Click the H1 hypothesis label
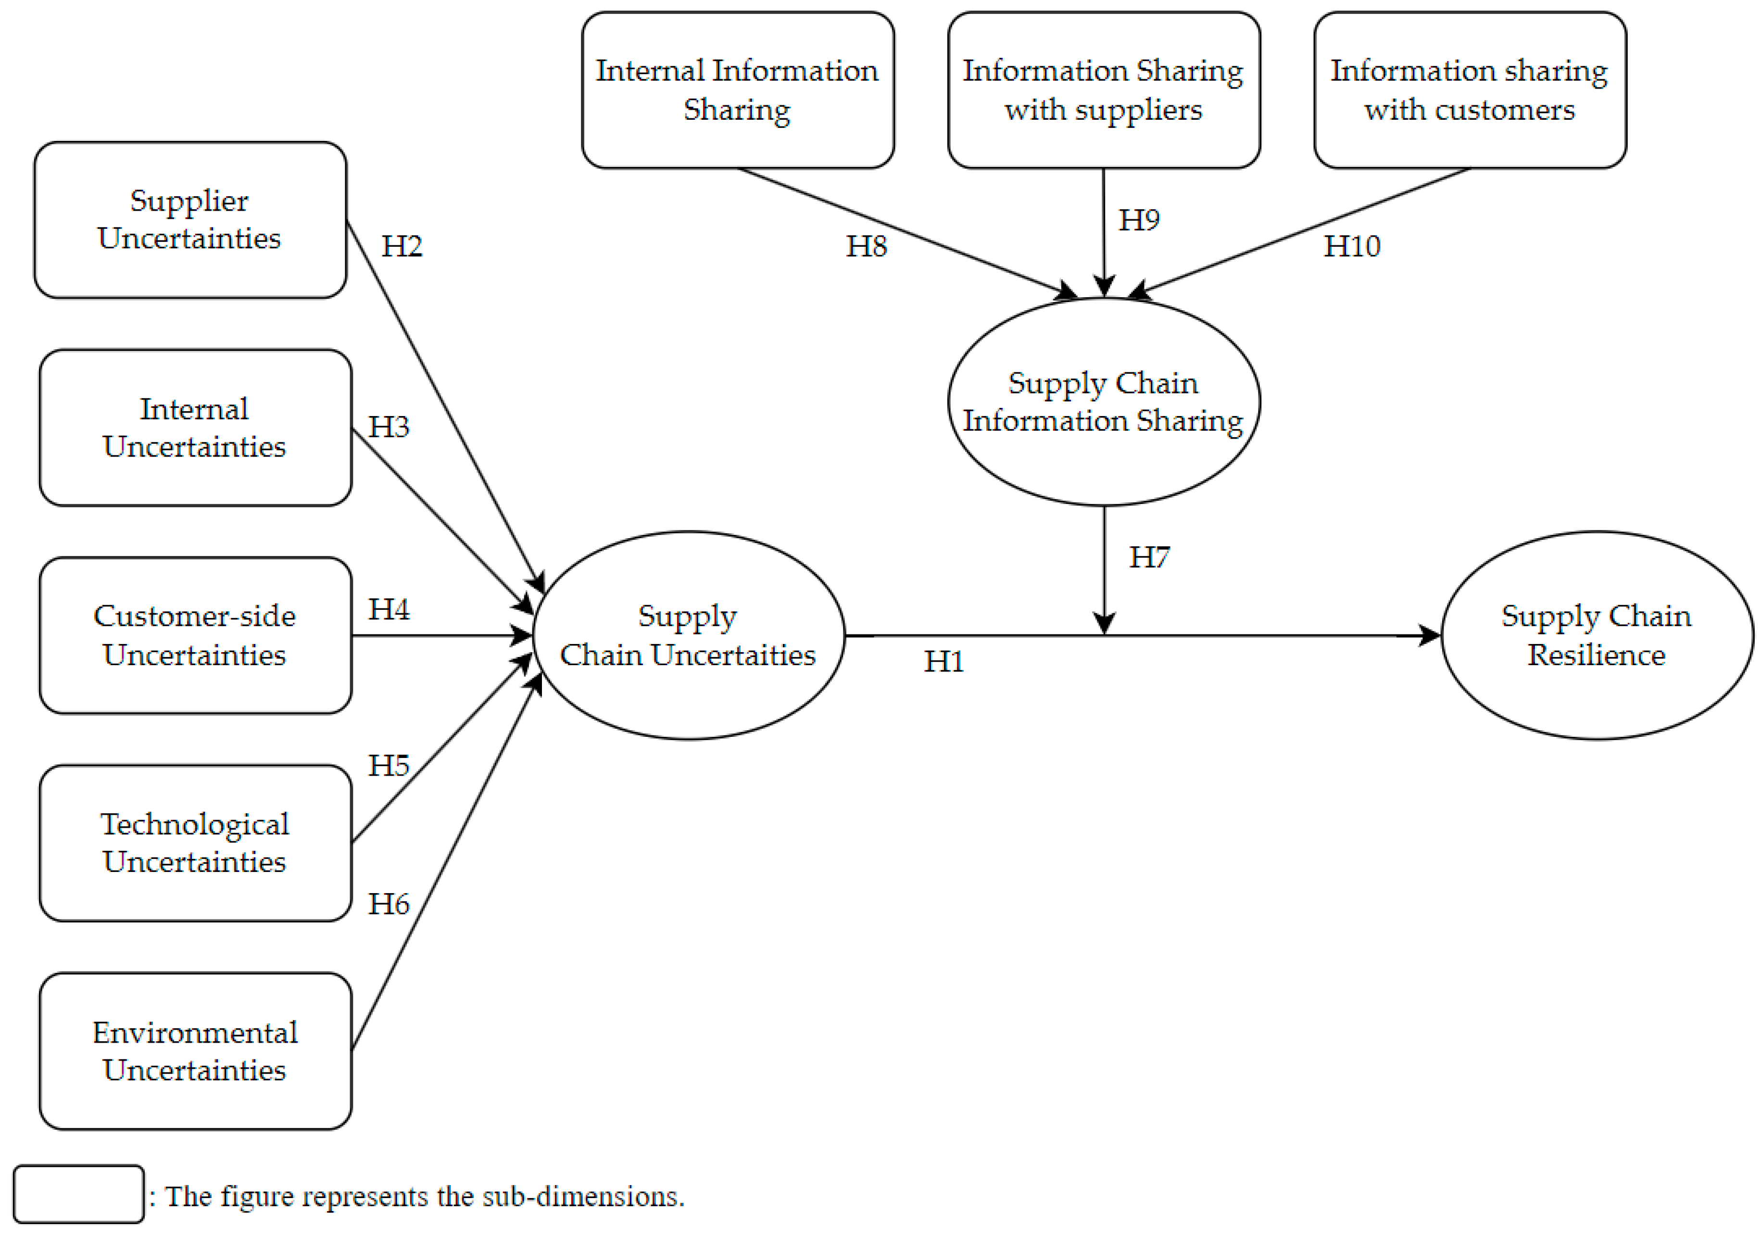click(x=943, y=661)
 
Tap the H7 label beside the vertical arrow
click(x=1149, y=557)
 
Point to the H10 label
click(x=1351, y=246)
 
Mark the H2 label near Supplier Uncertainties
click(x=401, y=246)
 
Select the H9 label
click(x=1138, y=220)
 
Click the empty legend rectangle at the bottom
click(x=78, y=1194)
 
